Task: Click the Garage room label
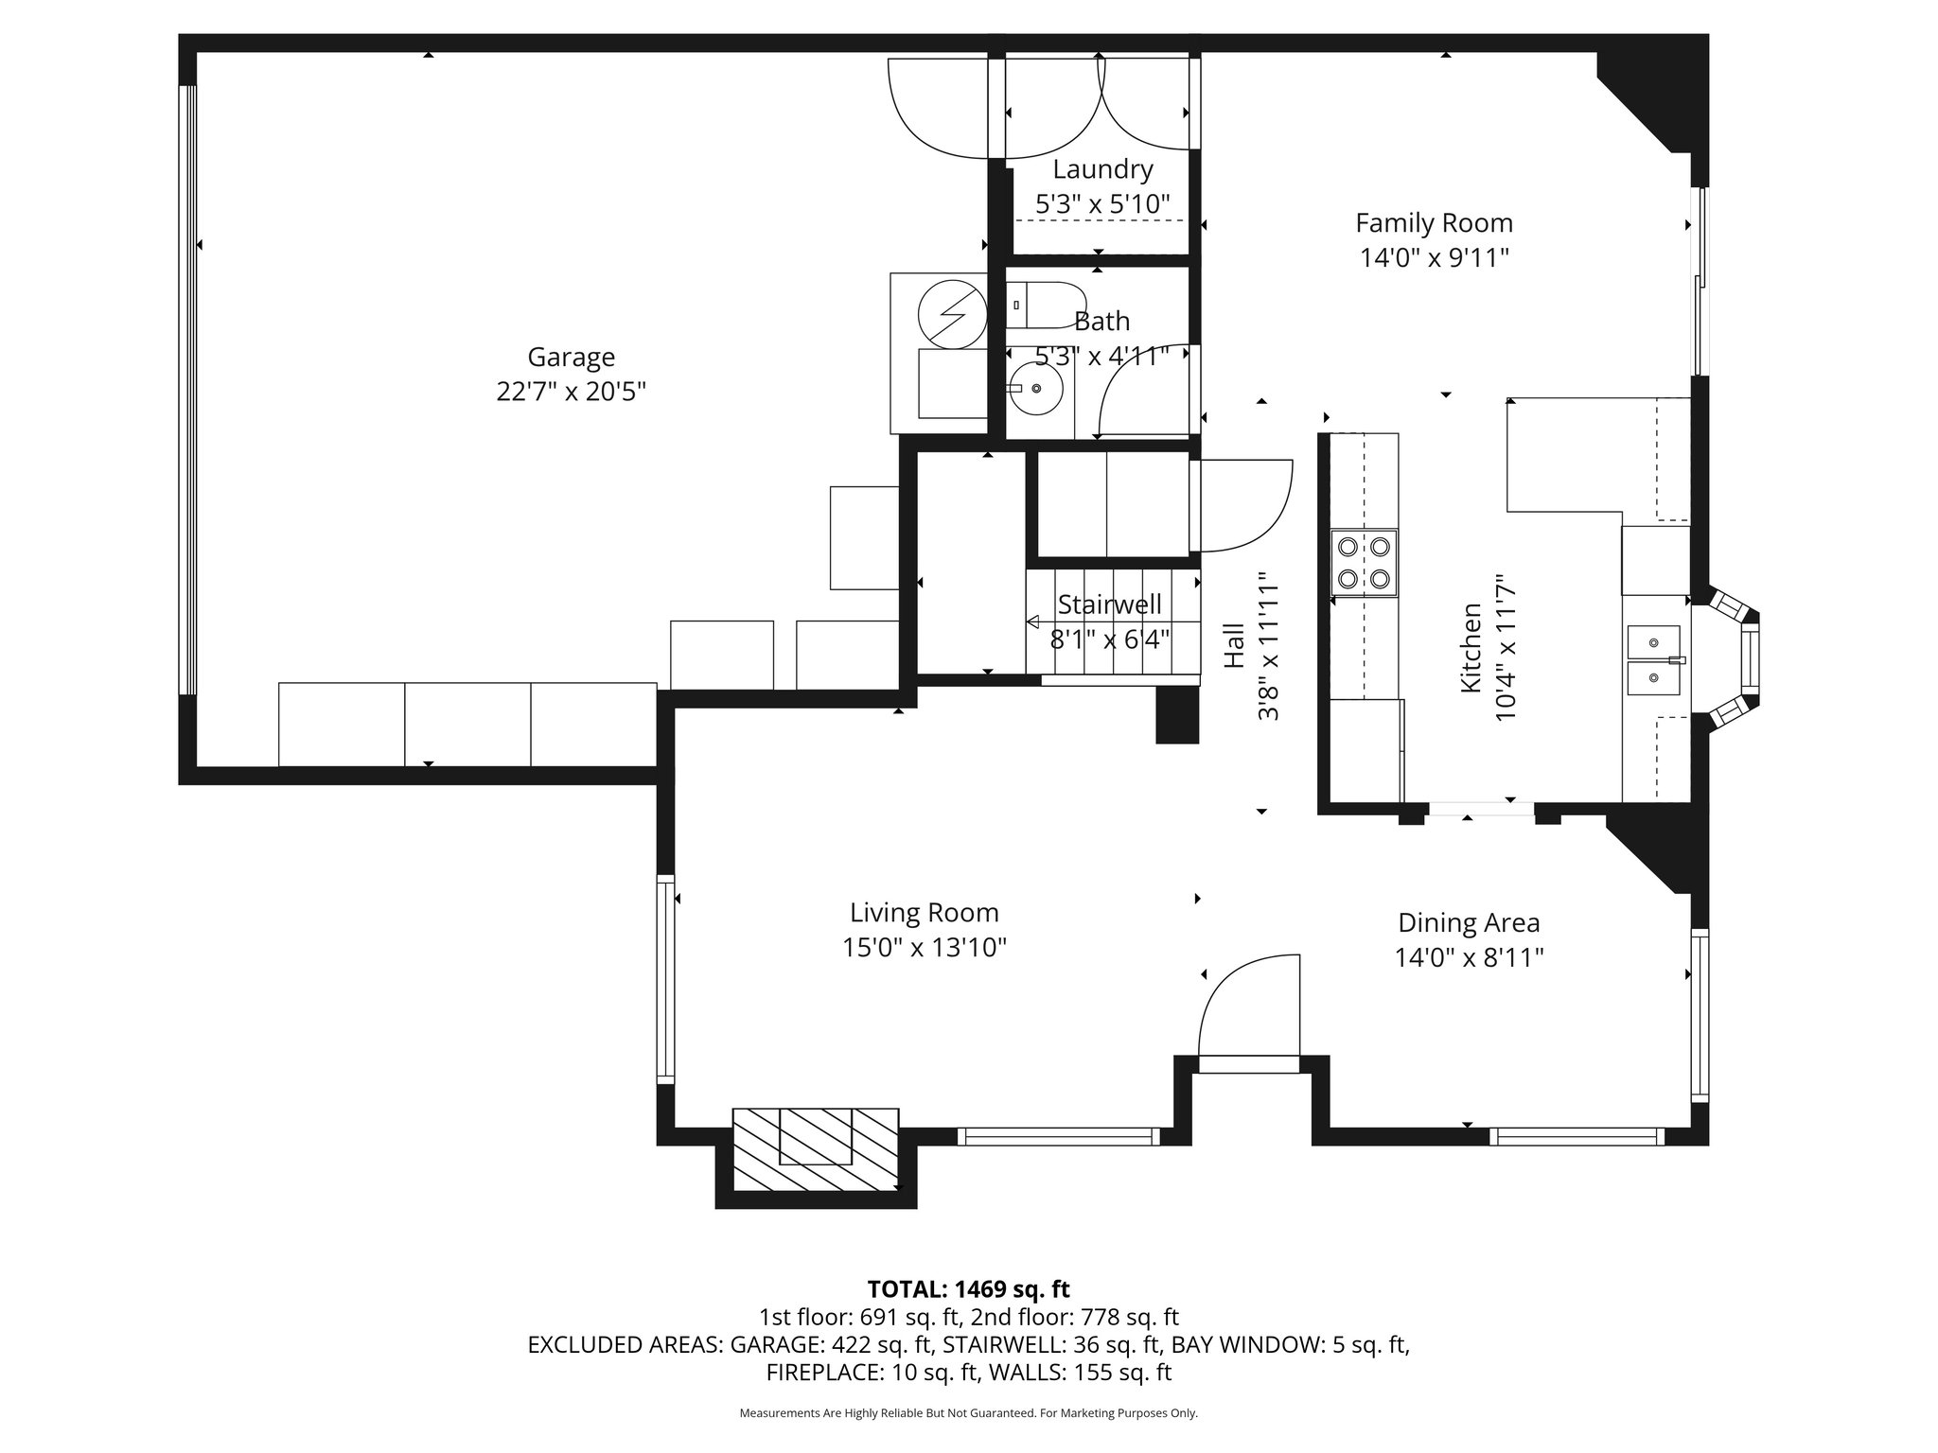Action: pyautogui.click(x=571, y=357)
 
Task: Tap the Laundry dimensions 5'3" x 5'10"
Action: pyautogui.click(x=1102, y=203)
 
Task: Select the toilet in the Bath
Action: pyautogui.click(x=1044, y=305)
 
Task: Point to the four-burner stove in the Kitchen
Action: pyautogui.click(x=1364, y=562)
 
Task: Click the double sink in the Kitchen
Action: pyautogui.click(x=1653, y=660)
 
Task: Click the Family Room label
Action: pyautogui.click(x=1434, y=223)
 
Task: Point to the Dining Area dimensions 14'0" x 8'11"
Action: pyautogui.click(x=1469, y=958)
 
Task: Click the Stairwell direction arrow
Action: pyautogui.click(x=1033, y=621)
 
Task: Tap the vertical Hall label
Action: pyautogui.click(x=1234, y=645)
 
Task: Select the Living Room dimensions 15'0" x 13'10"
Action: pyautogui.click(x=924, y=947)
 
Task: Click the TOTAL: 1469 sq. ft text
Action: pyautogui.click(x=968, y=1288)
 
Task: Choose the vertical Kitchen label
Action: pyautogui.click(x=1471, y=647)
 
